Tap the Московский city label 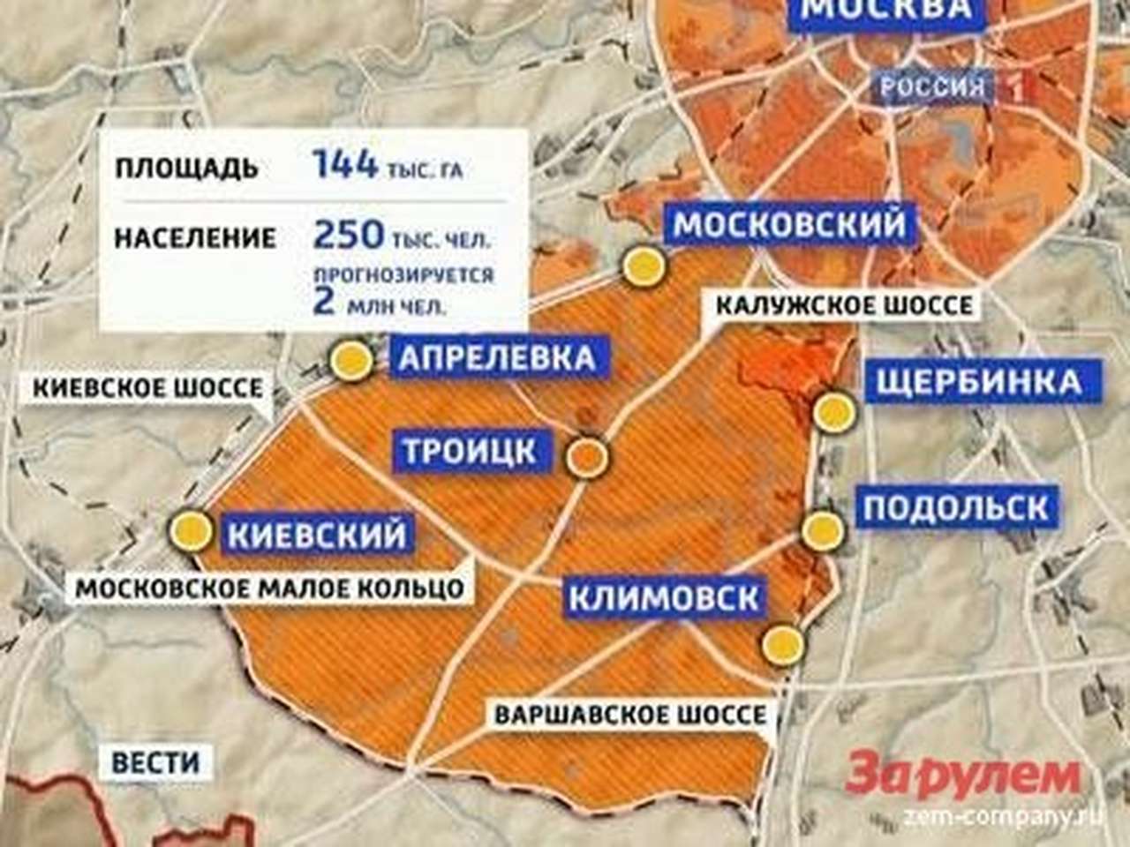tap(790, 224)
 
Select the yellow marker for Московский tap(642, 265)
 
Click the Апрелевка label tap(497, 357)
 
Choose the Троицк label tap(470, 451)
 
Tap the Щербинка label tap(978, 381)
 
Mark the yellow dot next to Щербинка tap(833, 412)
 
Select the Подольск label tap(956, 507)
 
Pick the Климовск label tap(664, 597)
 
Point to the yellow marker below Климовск tap(783, 644)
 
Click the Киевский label tap(318, 534)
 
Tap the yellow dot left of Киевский tap(192, 531)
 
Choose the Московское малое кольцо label tap(270, 588)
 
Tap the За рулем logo tap(962, 776)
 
